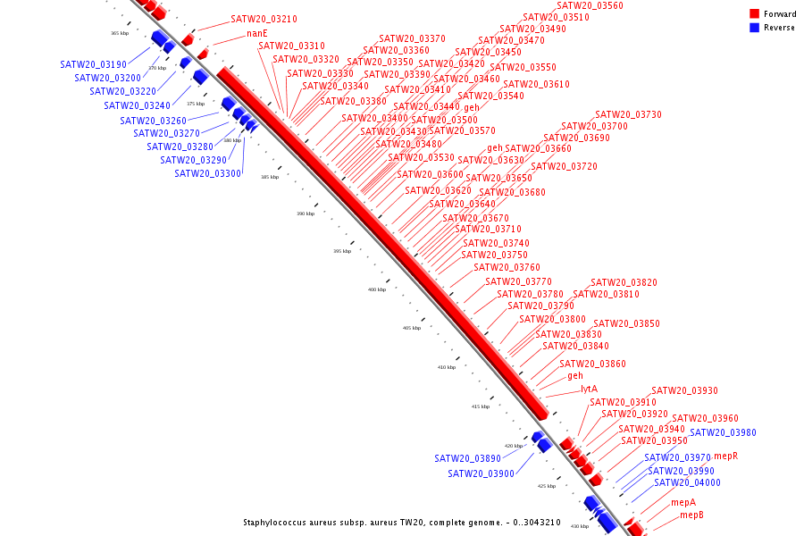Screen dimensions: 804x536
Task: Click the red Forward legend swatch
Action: (x=754, y=13)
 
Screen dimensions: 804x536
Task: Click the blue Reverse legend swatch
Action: (x=754, y=28)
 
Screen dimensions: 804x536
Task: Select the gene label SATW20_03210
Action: (x=264, y=19)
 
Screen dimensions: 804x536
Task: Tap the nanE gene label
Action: (x=257, y=33)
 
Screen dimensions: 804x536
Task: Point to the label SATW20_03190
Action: (x=93, y=64)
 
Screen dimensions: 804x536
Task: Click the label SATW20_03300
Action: (x=207, y=173)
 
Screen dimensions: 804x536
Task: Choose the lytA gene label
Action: (x=589, y=389)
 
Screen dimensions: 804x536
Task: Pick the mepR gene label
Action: (x=725, y=456)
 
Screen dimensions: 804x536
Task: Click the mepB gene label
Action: (x=691, y=515)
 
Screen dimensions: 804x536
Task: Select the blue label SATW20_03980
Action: (x=723, y=432)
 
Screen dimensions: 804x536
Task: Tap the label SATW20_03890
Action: (x=467, y=458)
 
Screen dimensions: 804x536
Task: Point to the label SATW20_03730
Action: (x=628, y=114)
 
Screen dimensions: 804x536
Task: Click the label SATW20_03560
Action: (x=590, y=5)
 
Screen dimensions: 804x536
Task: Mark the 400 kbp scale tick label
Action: (x=377, y=289)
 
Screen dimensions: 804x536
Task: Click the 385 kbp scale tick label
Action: (x=270, y=177)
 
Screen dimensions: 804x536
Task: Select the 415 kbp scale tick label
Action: (x=481, y=406)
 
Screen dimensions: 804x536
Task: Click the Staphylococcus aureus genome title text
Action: (x=401, y=523)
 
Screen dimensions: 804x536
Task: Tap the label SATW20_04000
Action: (x=687, y=482)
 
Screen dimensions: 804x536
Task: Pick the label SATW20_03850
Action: (x=626, y=323)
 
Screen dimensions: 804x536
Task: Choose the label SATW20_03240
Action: (x=137, y=105)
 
